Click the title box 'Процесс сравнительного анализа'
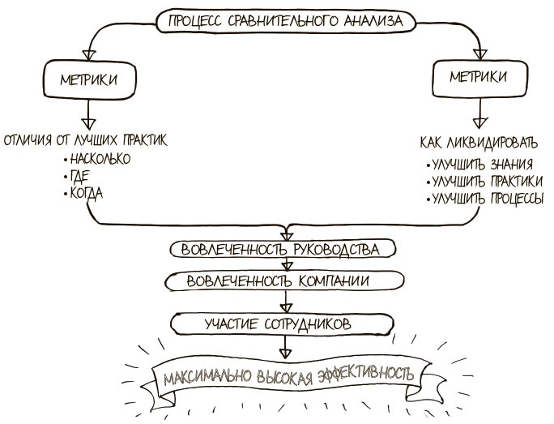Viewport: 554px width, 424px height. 283,21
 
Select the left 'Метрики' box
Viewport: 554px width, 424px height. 87,79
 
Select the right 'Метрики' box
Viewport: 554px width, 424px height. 479,77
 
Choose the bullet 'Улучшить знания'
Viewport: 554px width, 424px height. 482,165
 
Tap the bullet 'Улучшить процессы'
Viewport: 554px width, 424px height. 487,198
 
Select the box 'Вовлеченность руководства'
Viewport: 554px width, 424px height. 284,248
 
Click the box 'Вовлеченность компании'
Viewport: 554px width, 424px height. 284,281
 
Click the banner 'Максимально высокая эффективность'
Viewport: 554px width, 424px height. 288,376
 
